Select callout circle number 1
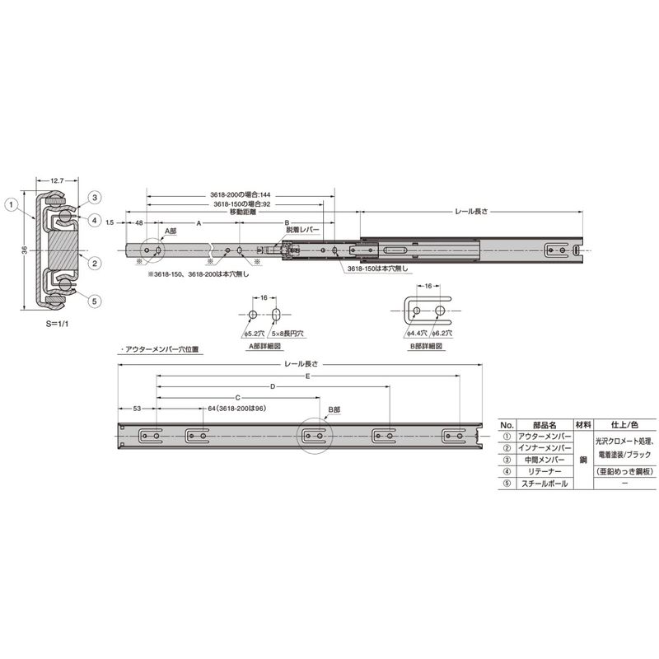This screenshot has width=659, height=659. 11,202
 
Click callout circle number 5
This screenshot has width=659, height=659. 95,301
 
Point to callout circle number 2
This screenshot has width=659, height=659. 95,264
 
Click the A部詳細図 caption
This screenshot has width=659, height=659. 265,347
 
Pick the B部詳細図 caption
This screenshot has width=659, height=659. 428,347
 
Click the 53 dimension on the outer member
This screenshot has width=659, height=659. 137,408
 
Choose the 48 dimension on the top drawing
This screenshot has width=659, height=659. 138,223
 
